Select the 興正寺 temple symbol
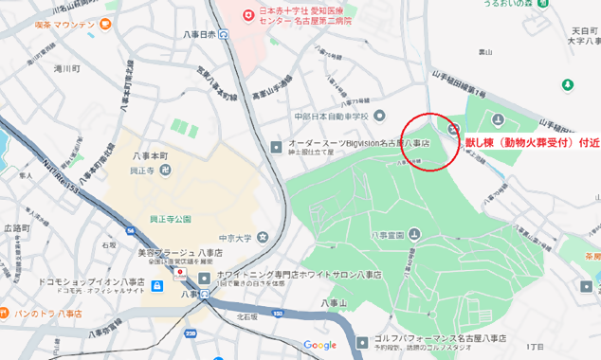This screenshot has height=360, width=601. point(166,170)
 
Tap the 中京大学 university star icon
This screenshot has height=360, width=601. point(262,237)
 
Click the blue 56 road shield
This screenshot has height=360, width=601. point(130,230)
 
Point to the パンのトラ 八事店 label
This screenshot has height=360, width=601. point(47,313)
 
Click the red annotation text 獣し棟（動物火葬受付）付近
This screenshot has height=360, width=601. point(531,144)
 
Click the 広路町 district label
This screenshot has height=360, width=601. point(16,228)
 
